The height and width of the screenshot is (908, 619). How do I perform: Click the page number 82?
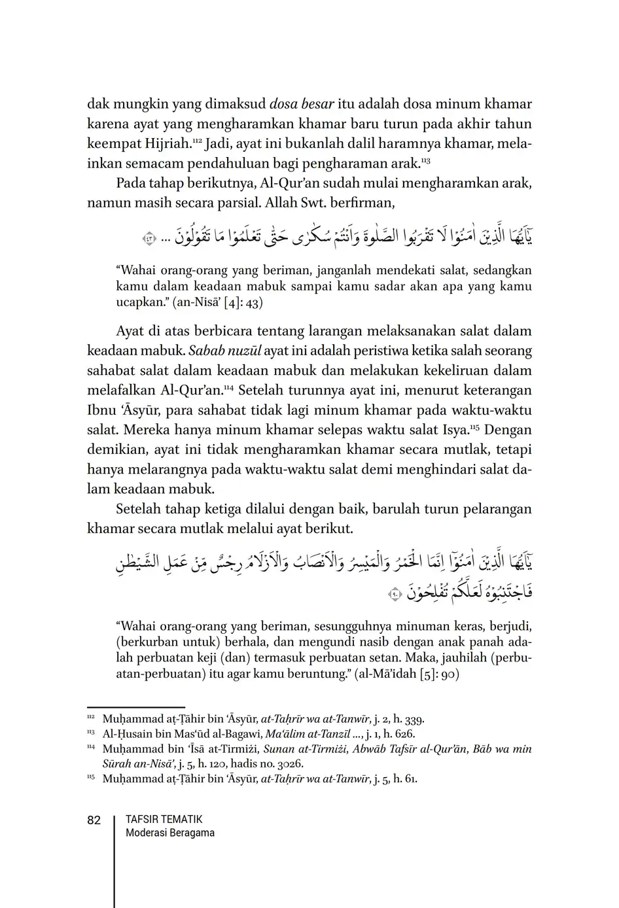(94, 820)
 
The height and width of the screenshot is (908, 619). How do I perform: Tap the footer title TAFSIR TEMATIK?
(164, 819)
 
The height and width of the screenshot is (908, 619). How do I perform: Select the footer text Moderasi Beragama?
(169, 833)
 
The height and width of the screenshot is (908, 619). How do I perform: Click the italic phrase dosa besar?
(302, 104)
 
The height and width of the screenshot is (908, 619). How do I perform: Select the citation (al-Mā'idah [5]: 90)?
(406, 674)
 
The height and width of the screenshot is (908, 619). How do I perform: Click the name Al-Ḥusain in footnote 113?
(126, 734)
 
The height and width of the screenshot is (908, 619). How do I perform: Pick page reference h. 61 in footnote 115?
(404, 778)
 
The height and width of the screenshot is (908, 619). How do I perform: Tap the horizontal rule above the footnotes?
(135, 707)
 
